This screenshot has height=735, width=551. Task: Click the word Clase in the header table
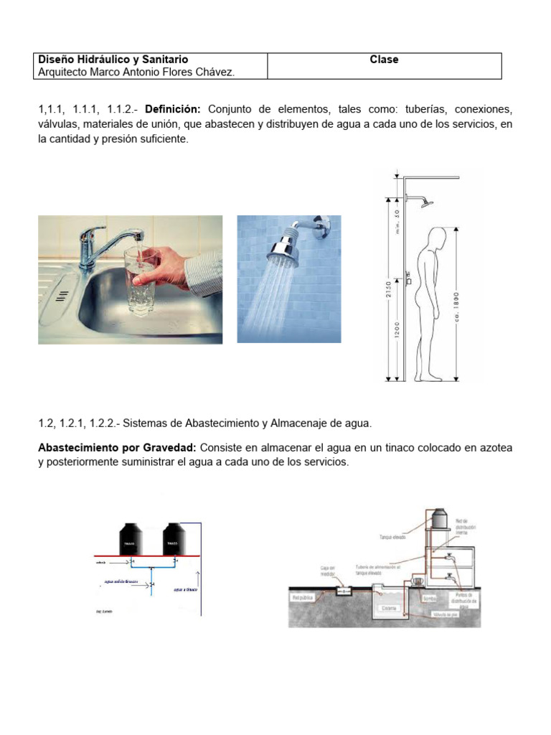(x=384, y=60)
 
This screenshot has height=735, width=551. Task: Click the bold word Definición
(x=174, y=109)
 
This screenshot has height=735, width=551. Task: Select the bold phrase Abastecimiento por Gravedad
(x=114, y=448)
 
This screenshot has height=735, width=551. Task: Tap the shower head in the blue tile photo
(x=285, y=245)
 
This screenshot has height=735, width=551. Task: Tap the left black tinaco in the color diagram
(x=131, y=540)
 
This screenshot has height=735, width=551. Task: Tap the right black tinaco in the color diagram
(x=175, y=540)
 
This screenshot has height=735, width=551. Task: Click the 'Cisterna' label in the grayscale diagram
(x=390, y=607)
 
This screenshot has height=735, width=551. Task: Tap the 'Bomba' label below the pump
(x=430, y=596)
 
